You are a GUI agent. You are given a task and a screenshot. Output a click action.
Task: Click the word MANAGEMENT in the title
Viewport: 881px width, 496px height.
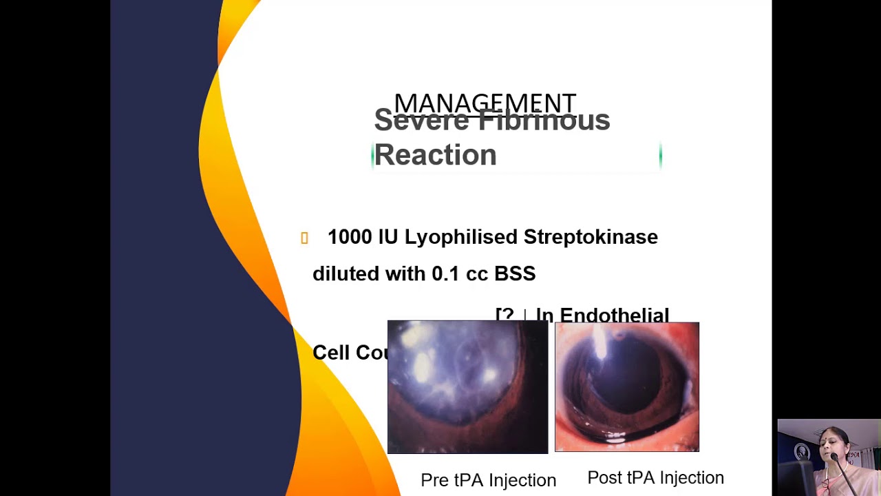click(x=485, y=103)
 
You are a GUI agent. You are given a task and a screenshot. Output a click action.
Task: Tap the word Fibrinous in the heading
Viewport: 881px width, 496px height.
click(x=544, y=121)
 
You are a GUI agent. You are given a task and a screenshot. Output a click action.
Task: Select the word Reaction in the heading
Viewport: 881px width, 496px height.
click(x=435, y=155)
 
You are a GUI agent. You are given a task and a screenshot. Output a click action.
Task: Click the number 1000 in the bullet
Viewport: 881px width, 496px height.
click(x=349, y=237)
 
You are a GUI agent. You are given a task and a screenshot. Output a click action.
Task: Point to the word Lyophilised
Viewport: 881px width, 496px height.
click(x=460, y=237)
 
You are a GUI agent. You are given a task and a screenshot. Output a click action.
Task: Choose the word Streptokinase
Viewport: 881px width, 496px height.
click(x=591, y=237)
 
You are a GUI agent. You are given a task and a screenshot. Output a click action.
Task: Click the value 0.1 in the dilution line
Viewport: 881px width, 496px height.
click(x=445, y=273)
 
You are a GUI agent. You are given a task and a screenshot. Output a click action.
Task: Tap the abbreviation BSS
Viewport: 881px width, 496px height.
click(x=515, y=273)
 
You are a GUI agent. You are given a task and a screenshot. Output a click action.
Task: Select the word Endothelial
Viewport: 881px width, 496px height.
click(x=614, y=315)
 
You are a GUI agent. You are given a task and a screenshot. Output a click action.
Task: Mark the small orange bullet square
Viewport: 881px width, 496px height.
click(x=304, y=238)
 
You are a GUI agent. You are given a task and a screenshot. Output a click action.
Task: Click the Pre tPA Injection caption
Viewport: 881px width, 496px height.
click(x=488, y=480)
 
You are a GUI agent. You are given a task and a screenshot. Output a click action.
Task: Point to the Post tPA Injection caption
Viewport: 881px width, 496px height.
click(x=655, y=477)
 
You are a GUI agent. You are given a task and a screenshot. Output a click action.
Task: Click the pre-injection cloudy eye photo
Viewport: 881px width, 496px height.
click(x=467, y=387)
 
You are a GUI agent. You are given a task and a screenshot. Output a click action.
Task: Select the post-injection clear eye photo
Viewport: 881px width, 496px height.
click(x=626, y=387)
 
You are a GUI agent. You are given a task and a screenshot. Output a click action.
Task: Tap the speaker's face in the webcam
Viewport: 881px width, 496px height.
click(x=834, y=444)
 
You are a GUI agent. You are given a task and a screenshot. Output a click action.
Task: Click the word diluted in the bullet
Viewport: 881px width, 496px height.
click(x=346, y=273)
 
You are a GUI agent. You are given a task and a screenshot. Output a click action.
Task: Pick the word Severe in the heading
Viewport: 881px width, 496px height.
click(x=422, y=121)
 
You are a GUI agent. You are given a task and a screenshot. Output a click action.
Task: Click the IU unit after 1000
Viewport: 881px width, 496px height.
click(x=388, y=237)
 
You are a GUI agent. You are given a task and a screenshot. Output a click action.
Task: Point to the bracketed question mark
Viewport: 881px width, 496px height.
click(x=505, y=315)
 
